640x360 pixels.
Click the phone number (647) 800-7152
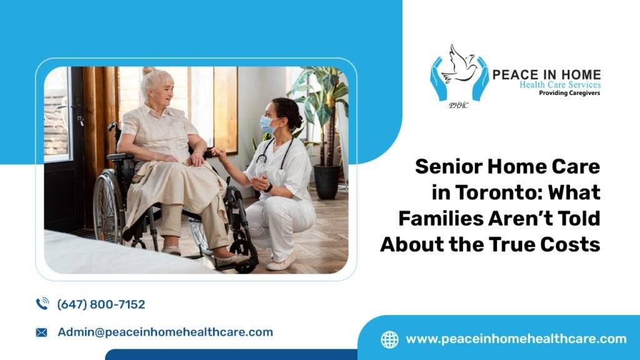pos(101,304)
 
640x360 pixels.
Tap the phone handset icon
pos(42,304)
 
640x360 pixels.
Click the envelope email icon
pos(42,332)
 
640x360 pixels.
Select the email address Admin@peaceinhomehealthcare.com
pos(165,332)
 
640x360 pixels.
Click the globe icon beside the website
pos(389,339)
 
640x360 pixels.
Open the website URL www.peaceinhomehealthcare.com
pos(516,339)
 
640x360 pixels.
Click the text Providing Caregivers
pos(569,92)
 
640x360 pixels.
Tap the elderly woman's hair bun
pos(147,71)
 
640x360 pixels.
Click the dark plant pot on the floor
pos(326,181)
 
